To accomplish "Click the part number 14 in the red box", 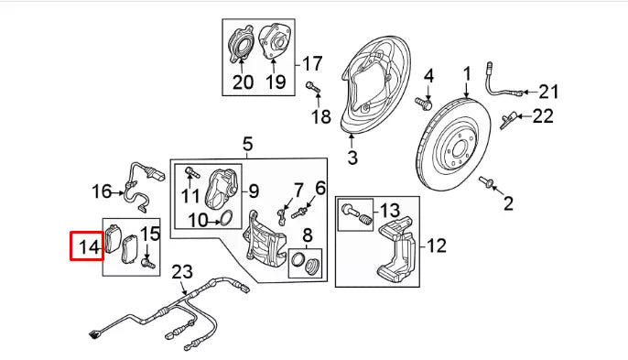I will click(x=89, y=246).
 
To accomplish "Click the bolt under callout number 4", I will click(x=425, y=103).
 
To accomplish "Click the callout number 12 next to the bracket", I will click(x=436, y=245).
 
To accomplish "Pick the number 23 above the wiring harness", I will click(x=183, y=271).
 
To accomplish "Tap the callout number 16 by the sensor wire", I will click(x=102, y=191).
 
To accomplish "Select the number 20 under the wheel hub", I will click(x=243, y=82).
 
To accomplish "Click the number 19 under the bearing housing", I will click(x=276, y=82).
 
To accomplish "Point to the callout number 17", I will click(x=312, y=64).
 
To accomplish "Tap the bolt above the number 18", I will click(x=312, y=88).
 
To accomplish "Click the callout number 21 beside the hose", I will click(x=547, y=91).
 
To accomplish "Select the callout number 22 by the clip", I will click(x=544, y=115).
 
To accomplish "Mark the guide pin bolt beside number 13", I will click(x=356, y=217).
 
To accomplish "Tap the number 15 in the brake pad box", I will click(x=150, y=235).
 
